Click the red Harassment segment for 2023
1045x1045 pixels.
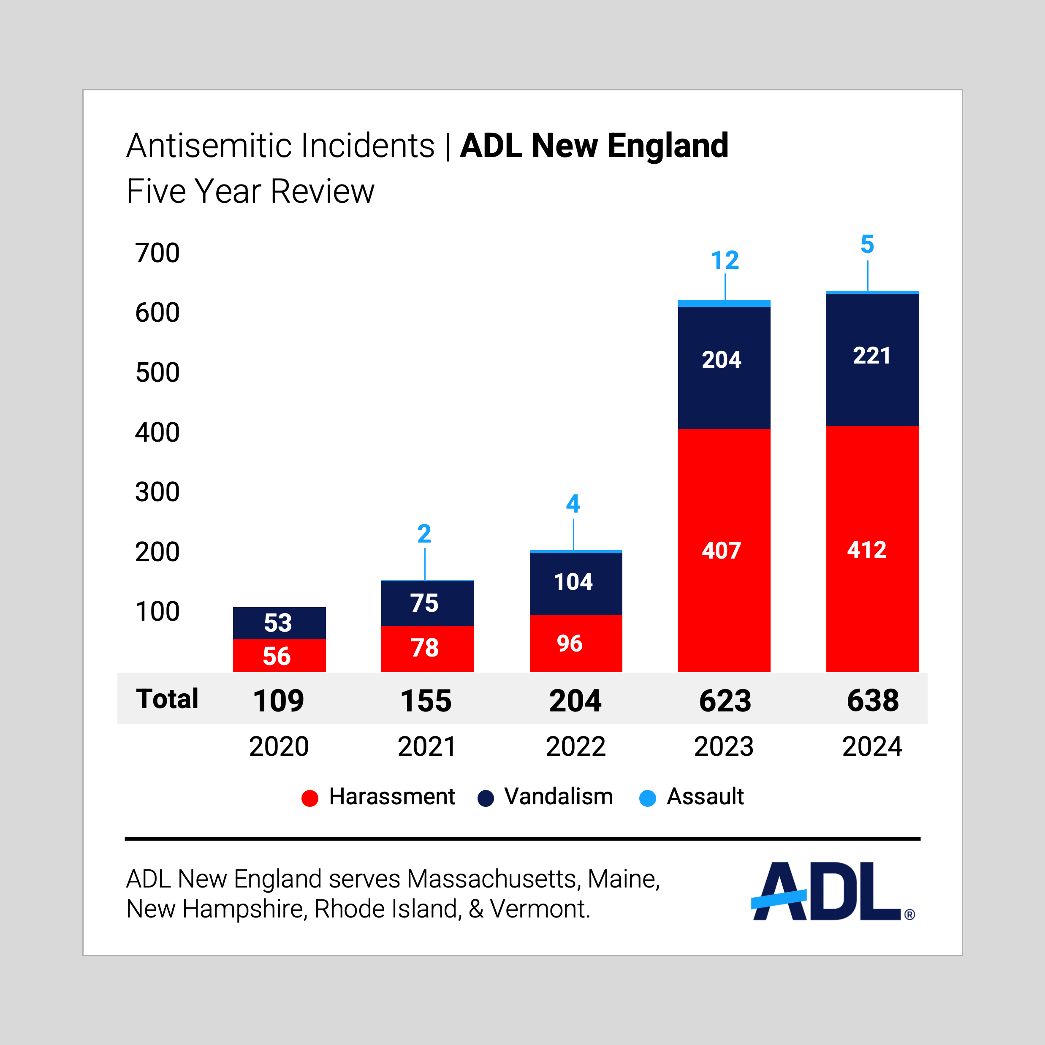[724, 550]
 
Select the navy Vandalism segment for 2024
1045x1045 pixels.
[872, 360]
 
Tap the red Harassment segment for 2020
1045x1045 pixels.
[279, 656]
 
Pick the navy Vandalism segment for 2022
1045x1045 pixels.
[575, 583]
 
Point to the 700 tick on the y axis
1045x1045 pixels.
[157, 253]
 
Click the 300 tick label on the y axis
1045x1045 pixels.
[157, 492]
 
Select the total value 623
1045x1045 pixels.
[725, 701]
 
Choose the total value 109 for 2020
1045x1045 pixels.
[279, 701]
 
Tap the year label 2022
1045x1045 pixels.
[575, 747]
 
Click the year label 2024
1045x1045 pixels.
[872, 747]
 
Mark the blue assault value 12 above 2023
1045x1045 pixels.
[725, 261]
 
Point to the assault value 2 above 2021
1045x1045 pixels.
[425, 535]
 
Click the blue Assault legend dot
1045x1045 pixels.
[647, 798]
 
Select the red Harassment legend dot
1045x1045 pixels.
[310, 798]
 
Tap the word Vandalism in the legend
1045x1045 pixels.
[559, 797]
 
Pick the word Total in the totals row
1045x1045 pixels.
[167, 699]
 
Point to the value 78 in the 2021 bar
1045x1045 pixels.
[425, 648]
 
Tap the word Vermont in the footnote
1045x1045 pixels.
[539, 909]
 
